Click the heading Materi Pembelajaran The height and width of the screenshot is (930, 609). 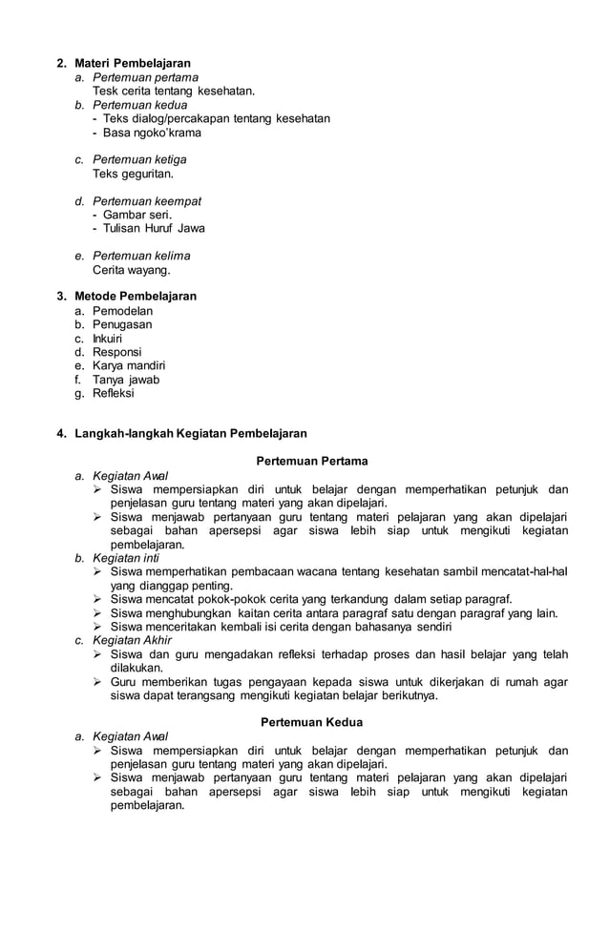[133, 63]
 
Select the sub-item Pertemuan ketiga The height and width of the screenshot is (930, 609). [139, 159]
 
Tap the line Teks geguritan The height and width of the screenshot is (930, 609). [133, 175]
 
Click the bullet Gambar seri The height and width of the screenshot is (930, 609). [137, 215]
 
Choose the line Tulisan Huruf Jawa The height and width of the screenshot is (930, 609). [153, 229]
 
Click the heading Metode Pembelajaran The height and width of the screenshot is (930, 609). [136, 296]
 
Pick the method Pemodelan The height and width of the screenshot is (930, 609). [122, 311]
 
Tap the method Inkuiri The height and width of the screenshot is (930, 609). [107, 338]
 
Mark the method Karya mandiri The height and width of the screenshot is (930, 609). [129, 365]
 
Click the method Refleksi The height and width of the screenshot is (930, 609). [114, 392]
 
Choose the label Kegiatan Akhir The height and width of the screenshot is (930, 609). [132, 640]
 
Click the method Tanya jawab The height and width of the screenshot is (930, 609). [126, 379]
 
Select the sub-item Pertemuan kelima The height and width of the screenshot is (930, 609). [141, 256]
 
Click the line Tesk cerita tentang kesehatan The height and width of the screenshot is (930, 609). [174, 91]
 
